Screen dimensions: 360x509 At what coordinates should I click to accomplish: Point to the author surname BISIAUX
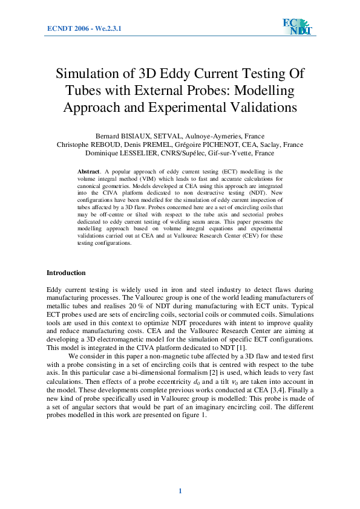click(x=151, y=136)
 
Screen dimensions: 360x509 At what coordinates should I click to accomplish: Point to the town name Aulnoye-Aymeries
click(x=224, y=136)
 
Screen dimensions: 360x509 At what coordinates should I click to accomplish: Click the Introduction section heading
click(x=66, y=273)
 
